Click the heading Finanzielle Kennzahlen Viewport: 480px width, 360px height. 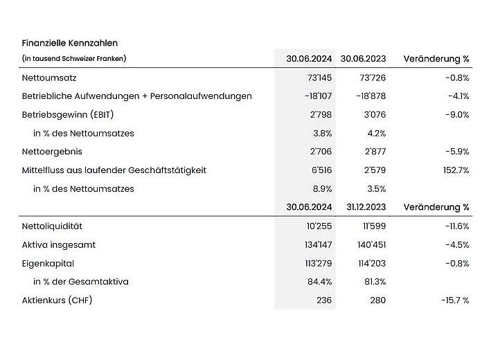70,43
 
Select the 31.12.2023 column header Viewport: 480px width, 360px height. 366,207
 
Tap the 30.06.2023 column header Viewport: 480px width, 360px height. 363,59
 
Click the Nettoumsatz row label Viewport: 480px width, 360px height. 49,78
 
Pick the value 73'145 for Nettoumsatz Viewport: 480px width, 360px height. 319,78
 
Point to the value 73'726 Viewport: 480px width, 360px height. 373,78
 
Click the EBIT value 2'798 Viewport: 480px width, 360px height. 321,115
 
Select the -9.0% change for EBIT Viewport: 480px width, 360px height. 457,115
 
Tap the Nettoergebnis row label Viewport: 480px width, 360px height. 52,152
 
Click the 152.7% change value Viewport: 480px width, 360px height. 456,170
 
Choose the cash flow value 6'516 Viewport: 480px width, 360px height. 322,170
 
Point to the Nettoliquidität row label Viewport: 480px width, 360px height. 52,226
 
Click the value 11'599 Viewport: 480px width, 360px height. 375,226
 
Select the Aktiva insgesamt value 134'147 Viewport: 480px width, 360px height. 319,245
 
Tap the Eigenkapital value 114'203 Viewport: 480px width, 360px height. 372,263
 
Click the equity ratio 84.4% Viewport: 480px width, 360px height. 319,282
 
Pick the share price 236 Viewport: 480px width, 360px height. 324,300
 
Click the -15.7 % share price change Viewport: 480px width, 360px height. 455,300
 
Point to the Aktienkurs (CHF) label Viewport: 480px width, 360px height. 57,300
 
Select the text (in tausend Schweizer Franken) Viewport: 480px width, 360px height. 74,58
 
